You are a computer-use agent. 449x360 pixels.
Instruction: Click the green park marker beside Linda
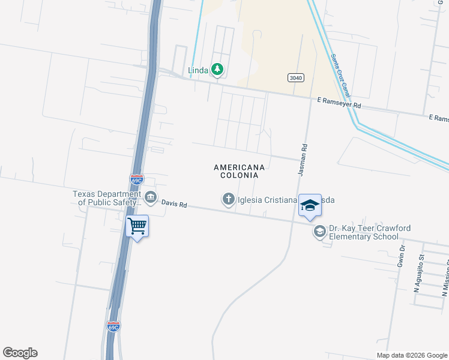[217, 70]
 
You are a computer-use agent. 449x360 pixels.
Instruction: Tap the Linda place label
[198, 70]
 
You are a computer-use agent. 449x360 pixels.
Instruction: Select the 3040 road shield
[295, 77]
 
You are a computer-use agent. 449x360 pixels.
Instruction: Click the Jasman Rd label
[303, 159]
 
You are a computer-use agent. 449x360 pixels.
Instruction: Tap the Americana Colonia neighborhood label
[238, 171]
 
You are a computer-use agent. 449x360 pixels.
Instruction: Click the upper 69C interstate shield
[137, 179]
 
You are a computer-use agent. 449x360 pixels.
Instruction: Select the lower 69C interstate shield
[113, 326]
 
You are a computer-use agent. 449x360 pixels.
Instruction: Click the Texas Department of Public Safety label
[108, 198]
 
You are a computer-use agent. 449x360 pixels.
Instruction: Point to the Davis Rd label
[174, 204]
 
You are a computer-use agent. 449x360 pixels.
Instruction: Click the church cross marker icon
[228, 199]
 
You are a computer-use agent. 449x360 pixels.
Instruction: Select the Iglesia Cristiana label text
[268, 200]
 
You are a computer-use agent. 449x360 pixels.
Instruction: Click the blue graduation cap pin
[310, 205]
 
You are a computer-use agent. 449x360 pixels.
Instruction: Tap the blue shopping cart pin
[137, 226]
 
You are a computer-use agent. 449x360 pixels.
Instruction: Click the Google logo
[20, 353]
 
